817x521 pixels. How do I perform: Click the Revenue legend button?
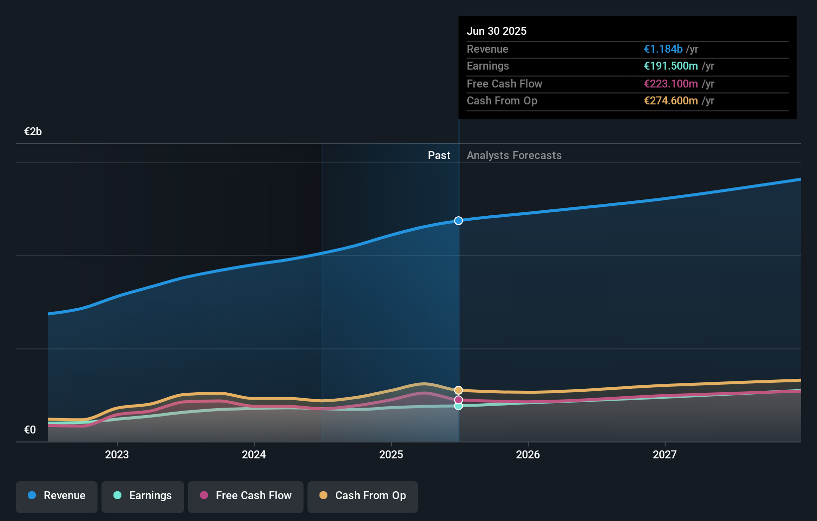[x=57, y=496]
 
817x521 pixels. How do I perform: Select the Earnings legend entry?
[x=143, y=496]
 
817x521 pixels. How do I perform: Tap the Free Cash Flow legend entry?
[x=246, y=496]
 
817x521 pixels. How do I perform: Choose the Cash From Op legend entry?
[x=363, y=496]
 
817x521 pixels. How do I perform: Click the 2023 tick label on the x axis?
[x=117, y=454]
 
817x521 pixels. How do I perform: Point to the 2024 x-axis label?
[x=254, y=454]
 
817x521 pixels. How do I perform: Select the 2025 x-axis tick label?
[x=391, y=454]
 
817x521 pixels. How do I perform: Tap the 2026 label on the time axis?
[x=528, y=454]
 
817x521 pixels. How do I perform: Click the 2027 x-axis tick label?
[x=665, y=454]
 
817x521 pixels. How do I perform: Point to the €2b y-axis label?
[x=33, y=132]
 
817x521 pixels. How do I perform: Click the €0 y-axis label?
[x=30, y=430]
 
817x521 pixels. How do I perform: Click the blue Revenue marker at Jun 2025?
[x=458, y=221]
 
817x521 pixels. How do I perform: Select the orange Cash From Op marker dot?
[x=458, y=390]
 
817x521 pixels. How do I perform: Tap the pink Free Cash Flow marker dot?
[x=458, y=400]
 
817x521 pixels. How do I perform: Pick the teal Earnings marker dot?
[x=458, y=406]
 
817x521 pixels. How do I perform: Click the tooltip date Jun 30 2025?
[x=496, y=31]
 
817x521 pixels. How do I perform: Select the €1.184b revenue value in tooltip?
[x=663, y=49]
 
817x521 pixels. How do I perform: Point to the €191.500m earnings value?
[x=671, y=66]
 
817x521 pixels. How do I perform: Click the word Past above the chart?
[x=439, y=156]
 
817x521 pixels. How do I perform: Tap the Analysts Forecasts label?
[x=514, y=156]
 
